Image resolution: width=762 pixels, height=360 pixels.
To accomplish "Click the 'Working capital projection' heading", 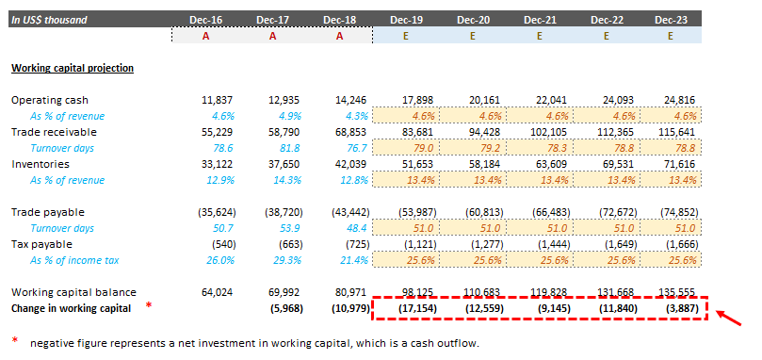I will [x=72, y=68].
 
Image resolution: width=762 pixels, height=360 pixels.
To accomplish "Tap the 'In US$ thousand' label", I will [x=49, y=19].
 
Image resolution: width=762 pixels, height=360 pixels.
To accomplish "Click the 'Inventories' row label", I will [x=37, y=164].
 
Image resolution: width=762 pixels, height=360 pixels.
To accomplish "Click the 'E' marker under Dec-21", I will [x=541, y=35].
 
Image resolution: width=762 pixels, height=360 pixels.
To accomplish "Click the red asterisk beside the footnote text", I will [x=14, y=341].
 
